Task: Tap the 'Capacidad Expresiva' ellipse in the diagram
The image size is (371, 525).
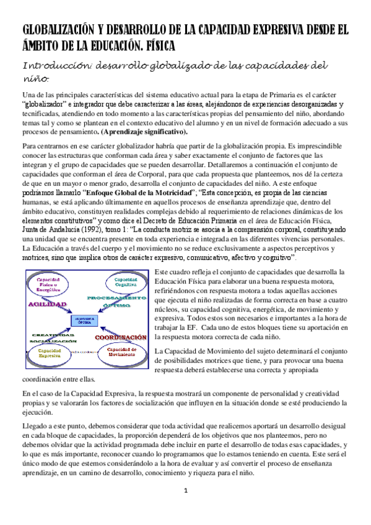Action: coord(50,353)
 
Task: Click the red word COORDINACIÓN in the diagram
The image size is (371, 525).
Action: coord(121,337)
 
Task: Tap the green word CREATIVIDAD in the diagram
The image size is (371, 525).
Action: coord(53,334)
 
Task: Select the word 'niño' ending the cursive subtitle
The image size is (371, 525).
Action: coord(36,79)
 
